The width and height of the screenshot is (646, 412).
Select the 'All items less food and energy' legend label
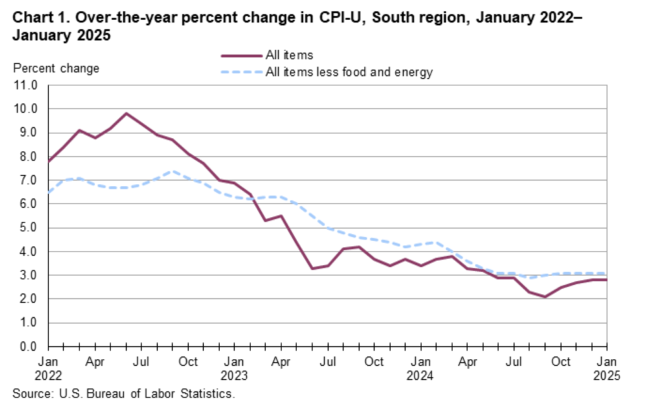(349, 72)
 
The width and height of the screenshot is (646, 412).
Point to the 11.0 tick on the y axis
(26, 85)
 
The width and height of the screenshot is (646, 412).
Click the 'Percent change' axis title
(56, 68)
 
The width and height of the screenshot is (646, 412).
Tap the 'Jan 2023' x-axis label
(234, 368)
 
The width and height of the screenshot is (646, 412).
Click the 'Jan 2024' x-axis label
(421, 368)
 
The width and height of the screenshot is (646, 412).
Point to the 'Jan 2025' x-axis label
(607, 368)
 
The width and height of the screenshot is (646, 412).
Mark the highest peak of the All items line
(126, 113)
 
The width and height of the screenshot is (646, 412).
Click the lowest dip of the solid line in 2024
(545, 296)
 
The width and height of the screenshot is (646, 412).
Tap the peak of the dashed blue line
(173, 171)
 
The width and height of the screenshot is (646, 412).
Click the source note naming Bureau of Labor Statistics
(124, 394)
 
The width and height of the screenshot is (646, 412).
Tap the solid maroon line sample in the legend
(240, 56)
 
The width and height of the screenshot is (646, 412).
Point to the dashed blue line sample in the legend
(240, 72)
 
